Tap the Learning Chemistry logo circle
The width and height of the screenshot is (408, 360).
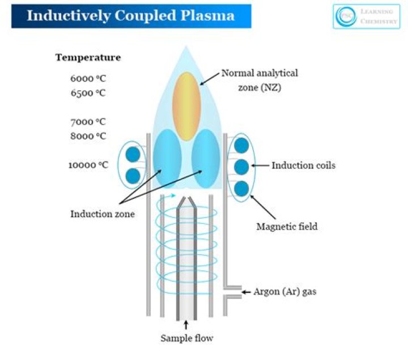coord(343,16)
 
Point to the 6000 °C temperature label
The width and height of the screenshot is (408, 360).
coord(88,79)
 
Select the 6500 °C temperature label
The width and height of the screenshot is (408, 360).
coord(88,92)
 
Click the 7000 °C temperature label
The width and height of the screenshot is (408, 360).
coord(88,121)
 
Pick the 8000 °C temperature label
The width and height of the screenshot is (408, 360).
coord(88,135)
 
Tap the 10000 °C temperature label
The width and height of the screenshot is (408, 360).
coord(88,165)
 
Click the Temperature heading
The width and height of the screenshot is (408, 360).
coord(88,57)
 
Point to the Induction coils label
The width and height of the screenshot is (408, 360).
coord(303,166)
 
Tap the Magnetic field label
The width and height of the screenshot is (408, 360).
coord(287,226)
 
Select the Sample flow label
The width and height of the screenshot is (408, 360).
coord(186,338)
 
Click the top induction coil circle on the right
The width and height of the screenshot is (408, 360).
coord(241,145)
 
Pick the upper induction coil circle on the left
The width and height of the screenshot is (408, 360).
coord(133,154)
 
